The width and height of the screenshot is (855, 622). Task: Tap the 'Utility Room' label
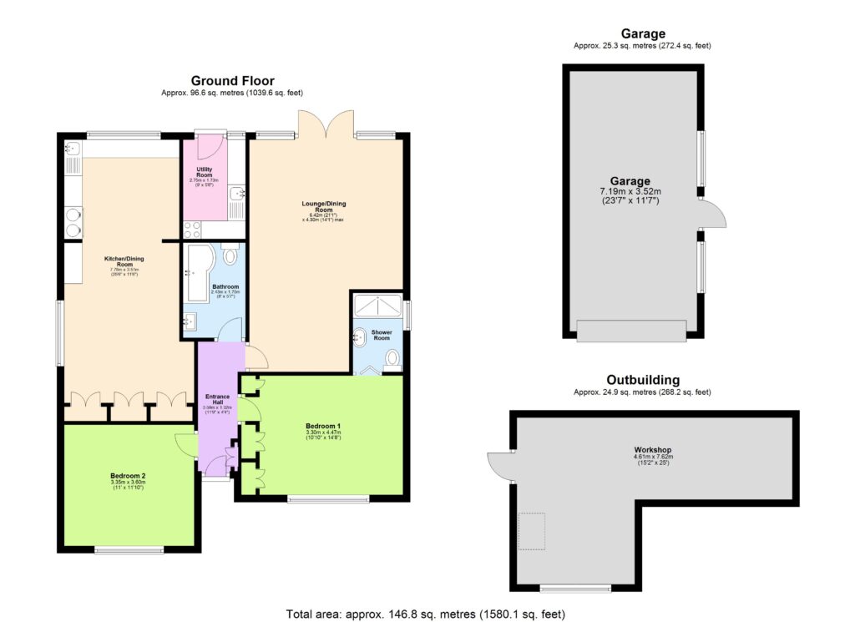click(x=205, y=172)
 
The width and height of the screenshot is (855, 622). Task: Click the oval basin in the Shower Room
click(x=360, y=338)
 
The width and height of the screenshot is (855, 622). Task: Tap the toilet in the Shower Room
click(x=392, y=360)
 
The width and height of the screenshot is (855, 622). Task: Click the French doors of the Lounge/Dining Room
click(x=326, y=124)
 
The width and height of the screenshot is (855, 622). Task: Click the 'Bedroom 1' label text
click(x=321, y=425)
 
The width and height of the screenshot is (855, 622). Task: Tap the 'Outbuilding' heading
click(x=642, y=379)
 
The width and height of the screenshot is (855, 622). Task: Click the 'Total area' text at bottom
click(x=428, y=613)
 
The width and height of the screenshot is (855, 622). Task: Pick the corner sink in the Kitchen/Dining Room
click(x=72, y=149)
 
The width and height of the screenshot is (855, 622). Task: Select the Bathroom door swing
click(x=229, y=332)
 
